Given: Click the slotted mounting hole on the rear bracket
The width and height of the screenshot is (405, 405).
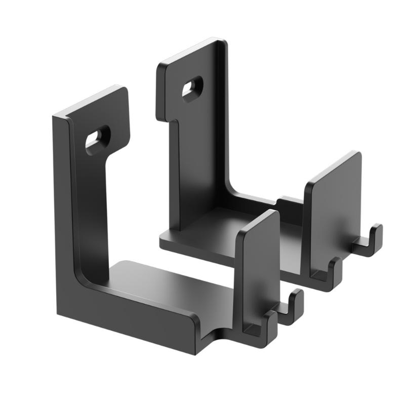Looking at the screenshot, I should (x=193, y=87).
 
